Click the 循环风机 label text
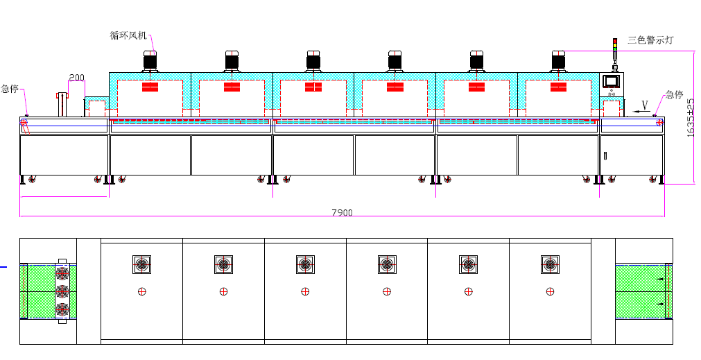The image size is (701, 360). (129, 35)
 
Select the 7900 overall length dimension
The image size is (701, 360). (341, 212)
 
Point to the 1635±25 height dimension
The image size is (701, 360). (691, 117)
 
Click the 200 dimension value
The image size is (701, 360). (76, 77)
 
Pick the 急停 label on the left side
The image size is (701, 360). (9, 89)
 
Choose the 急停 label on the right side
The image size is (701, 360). (674, 94)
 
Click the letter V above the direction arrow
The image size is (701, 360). (645, 105)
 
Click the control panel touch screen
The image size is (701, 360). (611, 80)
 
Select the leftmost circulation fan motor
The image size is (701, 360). (150, 60)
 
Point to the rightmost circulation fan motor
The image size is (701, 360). (559, 60)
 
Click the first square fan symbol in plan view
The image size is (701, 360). (141, 264)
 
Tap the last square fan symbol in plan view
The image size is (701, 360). (550, 264)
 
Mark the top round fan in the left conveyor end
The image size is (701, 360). (62, 271)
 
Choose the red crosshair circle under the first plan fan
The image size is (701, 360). (141, 291)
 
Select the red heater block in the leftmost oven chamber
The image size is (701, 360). (150, 87)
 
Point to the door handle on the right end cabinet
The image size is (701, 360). (604, 155)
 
